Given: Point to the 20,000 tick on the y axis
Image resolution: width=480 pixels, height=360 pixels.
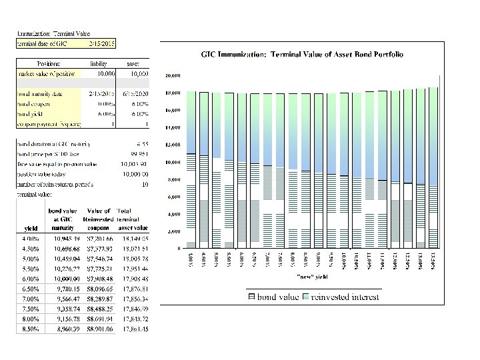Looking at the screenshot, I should pyautogui.click(x=175, y=75).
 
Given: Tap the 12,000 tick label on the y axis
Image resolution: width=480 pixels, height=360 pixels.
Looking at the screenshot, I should pyautogui.click(x=175, y=144).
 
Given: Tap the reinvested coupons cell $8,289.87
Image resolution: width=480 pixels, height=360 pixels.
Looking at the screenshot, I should pyautogui.click(x=98, y=299).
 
